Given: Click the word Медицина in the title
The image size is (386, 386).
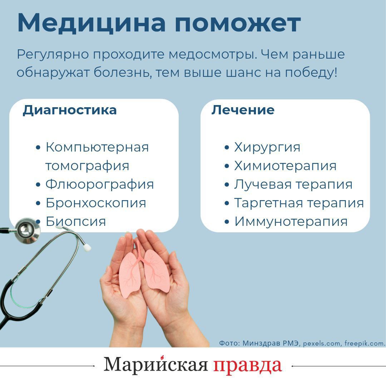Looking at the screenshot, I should (x=91, y=23).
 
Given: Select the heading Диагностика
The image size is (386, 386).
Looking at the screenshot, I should (x=70, y=110).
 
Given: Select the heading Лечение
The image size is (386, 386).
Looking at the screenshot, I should (x=243, y=110).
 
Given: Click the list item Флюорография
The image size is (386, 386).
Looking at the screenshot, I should (x=99, y=184).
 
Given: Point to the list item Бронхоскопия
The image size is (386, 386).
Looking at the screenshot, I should (x=96, y=203).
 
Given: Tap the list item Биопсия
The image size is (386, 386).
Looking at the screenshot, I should (x=76, y=222).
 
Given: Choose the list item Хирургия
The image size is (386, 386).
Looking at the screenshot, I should (x=267, y=147).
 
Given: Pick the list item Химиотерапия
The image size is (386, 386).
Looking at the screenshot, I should (x=285, y=166).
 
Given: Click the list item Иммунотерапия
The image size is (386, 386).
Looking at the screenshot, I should (x=291, y=222).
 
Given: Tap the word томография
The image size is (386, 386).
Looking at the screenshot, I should (x=87, y=166).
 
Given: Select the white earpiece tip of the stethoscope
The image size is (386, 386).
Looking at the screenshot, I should (x=87, y=247).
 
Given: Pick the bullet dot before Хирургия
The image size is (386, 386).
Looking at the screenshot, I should (x=227, y=148).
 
